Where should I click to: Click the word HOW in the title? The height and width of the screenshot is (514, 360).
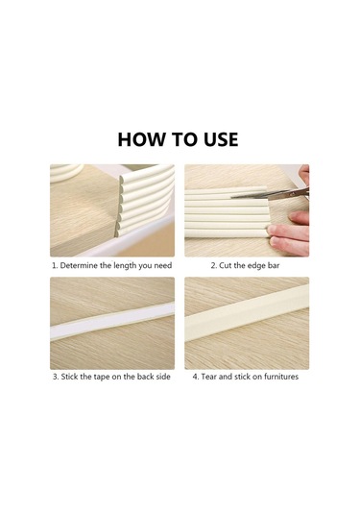(x=141, y=139)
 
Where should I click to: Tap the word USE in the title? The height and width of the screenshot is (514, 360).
(x=221, y=139)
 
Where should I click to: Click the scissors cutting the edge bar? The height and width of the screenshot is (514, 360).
(x=271, y=194)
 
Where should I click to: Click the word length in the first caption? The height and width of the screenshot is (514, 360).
(x=125, y=266)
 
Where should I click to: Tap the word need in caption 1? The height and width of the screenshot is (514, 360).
(x=163, y=266)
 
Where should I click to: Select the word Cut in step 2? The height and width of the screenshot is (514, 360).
(x=225, y=265)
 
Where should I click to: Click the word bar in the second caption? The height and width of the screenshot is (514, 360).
(x=274, y=265)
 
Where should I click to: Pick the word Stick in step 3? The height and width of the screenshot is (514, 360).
(x=69, y=377)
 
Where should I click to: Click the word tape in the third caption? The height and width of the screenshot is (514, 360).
(x=102, y=377)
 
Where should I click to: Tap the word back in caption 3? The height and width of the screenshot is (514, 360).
(x=146, y=377)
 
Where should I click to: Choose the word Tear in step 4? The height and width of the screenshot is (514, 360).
(x=208, y=377)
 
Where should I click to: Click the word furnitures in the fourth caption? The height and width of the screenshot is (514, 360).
(x=281, y=377)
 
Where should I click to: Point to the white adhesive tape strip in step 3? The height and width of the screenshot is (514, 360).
(x=112, y=321)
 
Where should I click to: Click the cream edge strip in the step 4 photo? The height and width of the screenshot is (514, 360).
(x=247, y=313)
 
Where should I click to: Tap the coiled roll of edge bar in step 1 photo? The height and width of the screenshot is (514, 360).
(x=66, y=173)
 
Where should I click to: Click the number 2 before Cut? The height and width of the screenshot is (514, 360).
(x=213, y=266)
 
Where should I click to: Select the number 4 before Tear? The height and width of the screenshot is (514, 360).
(x=196, y=377)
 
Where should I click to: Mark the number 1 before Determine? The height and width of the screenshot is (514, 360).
(x=55, y=266)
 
